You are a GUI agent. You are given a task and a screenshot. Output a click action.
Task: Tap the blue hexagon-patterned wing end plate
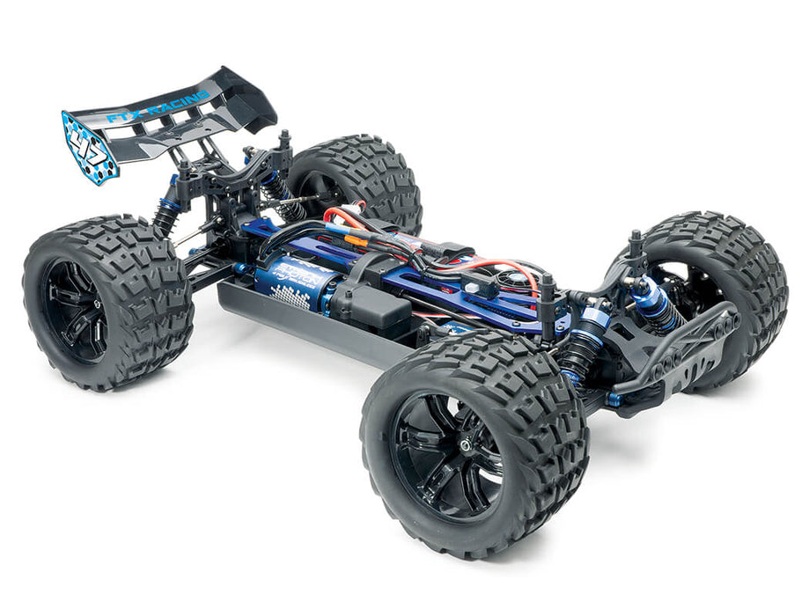pyautogui.click(x=91, y=146)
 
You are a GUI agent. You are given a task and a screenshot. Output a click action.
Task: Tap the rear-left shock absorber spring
pyautogui.click(x=167, y=216)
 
